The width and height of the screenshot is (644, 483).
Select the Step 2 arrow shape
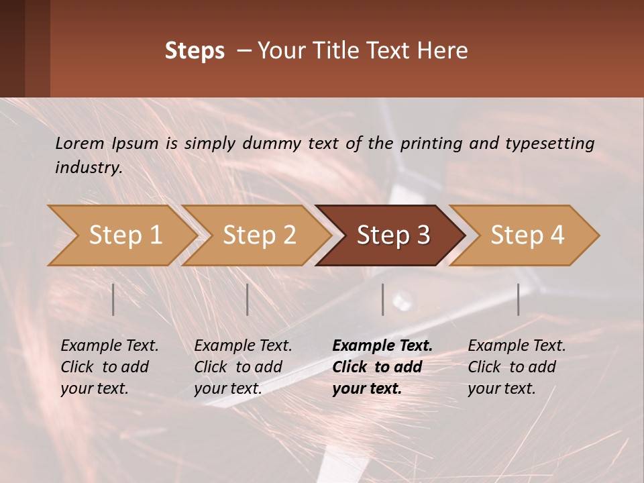pos(258,235)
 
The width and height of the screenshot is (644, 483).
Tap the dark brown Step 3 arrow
pos(392,235)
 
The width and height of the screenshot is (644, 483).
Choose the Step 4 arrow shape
pos(526,235)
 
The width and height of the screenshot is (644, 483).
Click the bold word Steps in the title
pos(195,51)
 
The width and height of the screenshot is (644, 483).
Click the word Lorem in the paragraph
pos(80,143)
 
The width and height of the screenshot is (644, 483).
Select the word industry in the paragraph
pos(88,168)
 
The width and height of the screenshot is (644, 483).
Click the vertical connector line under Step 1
pos(113,299)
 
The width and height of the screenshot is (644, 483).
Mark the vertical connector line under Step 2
pos(248,299)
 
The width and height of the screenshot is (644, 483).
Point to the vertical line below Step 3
pos(383,299)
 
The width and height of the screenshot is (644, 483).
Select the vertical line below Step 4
pos(518,299)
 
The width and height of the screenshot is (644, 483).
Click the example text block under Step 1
pos(109,367)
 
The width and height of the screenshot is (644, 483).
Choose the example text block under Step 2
pos(243,367)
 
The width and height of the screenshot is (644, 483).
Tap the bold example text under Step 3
pos(382,367)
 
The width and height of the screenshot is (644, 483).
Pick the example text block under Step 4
pos(517,367)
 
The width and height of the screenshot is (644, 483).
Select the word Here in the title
pos(443,51)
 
